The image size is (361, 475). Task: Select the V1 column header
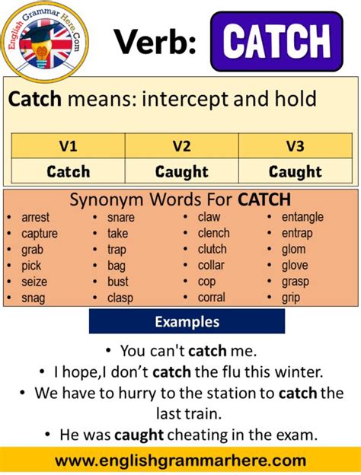tap(69, 146)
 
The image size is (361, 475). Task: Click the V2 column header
tap(181, 146)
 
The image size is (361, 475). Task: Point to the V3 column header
tap(295, 146)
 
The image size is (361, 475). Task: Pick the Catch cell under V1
tap(69, 172)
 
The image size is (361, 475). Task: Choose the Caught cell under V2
tap(181, 172)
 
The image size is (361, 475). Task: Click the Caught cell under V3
tap(295, 172)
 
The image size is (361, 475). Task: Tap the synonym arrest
tap(36, 217)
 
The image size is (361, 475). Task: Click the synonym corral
tap(211, 298)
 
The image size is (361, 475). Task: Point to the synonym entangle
tap(302, 217)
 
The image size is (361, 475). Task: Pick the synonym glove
tap(295, 266)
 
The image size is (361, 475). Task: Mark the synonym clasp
tap(121, 298)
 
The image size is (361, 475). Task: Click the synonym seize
tap(35, 282)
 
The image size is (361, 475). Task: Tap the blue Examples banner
tap(187, 322)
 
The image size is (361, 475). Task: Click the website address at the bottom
tap(180, 461)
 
